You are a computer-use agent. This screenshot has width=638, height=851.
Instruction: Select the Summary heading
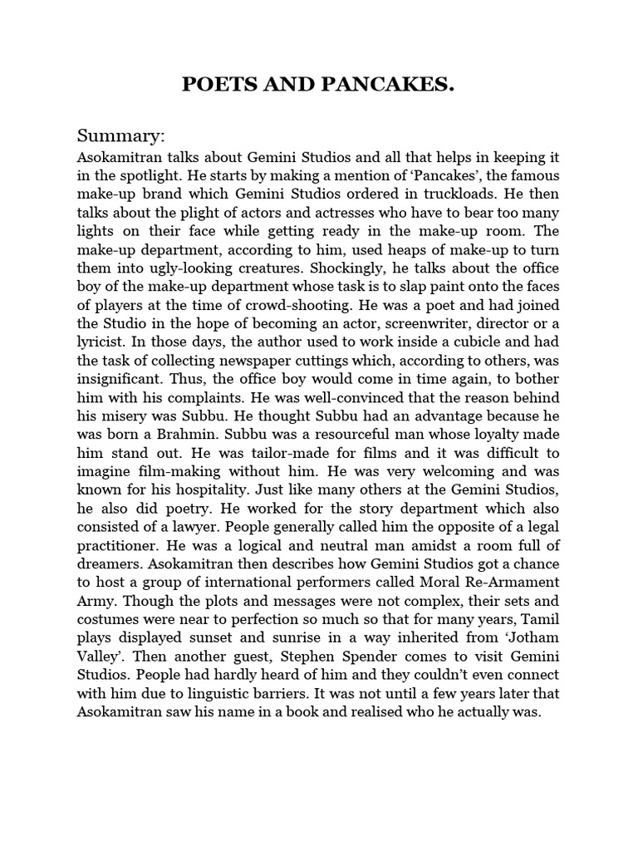(x=121, y=135)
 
